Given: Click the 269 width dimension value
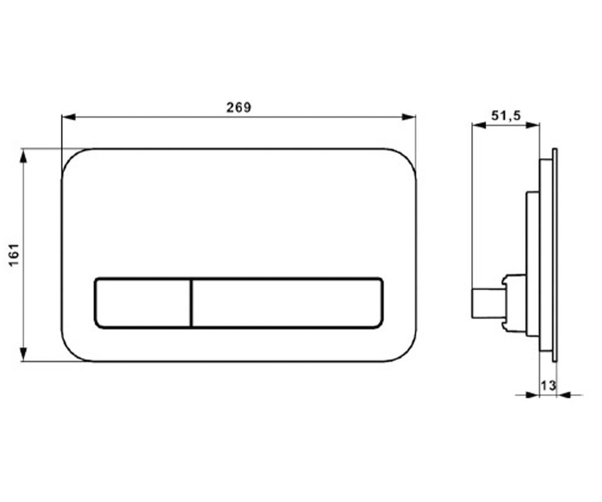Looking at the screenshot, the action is pyautogui.click(x=238, y=107).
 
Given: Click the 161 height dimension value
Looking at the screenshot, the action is pyautogui.click(x=14, y=255).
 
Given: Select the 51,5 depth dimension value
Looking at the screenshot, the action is pyautogui.click(x=506, y=116).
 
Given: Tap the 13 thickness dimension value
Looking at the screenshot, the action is pyautogui.click(x=548, y=386).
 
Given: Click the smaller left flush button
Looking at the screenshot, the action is pyautogui.click(x=142, y=303).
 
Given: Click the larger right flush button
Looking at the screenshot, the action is pyautogui.click(x=287, y=303).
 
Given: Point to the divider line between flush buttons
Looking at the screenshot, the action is pyautogui.click(x=191, y=303).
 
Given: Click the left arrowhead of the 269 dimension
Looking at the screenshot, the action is pyautogui.click(x=69, y=117).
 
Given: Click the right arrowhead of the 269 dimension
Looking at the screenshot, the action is pyautogui.click(x=409, y=117).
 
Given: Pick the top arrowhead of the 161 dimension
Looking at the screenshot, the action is pyautogui.click(x=24, y=156).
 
